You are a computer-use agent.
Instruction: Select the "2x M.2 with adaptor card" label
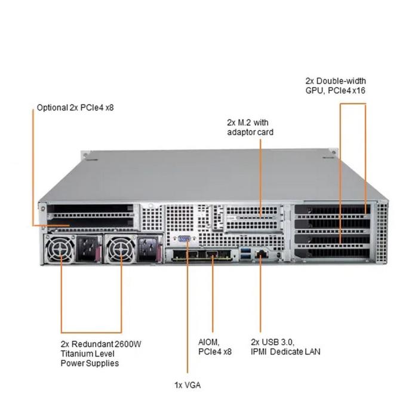pyautogui.click(x=250, y=127)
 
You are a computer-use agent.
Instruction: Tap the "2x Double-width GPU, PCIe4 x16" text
pyautogui.click(x=335, y=85)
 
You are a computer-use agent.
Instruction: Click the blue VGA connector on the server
pyautogui.click(x=184, y=241)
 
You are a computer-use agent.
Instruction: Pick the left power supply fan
pyautogui.click(x=56, y=249)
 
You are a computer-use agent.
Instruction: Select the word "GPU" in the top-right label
pyautogui.click(x=314, y=91)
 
